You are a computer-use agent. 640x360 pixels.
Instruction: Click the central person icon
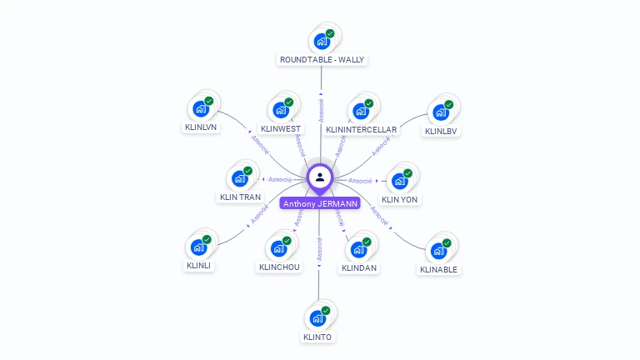(320, 177)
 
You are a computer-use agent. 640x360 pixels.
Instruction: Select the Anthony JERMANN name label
(320, 203)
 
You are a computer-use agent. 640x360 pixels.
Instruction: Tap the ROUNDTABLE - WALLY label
(322, 60)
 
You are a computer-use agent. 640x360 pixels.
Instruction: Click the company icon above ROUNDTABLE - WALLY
(321, 40)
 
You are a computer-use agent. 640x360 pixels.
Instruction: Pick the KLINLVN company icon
(200, 108)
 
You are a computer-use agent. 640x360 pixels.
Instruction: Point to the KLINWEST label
(281, 129)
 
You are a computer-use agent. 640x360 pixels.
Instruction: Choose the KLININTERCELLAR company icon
(361, 110)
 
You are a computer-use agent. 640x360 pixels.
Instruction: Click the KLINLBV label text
(442, 131)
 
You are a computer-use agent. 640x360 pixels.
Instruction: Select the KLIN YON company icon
(400, 180)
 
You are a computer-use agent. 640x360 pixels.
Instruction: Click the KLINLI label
(198, 266)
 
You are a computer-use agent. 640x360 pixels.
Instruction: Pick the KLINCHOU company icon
(279, 247)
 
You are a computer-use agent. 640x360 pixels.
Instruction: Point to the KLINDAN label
(359, 268)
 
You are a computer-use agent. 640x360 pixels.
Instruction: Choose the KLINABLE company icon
(438, 249)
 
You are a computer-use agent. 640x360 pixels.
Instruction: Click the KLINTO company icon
(317, 317)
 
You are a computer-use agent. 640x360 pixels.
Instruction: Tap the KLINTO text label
(317, 337)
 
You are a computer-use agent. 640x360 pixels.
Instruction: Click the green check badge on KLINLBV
(449, 104)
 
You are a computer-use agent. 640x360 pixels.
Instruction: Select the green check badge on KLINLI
(207, 239)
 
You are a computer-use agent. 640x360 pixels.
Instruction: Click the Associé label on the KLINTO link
(319, 249)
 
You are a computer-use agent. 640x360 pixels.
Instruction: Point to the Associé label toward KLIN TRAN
(280, 179)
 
